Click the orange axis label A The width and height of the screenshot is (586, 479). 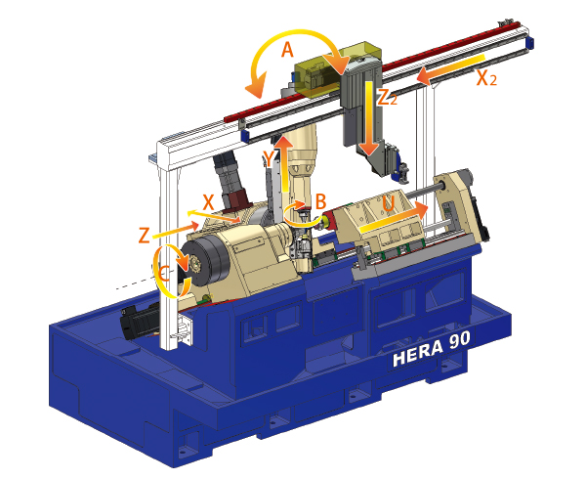287,50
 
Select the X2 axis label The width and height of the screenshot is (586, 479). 486,78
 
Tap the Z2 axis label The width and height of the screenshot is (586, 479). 387,98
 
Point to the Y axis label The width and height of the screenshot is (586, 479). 270,159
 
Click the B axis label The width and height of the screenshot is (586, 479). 320,202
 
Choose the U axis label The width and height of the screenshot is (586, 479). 389,203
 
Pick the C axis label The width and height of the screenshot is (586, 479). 163,274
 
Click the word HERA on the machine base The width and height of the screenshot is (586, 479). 418,353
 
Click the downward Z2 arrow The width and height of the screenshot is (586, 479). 369,117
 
